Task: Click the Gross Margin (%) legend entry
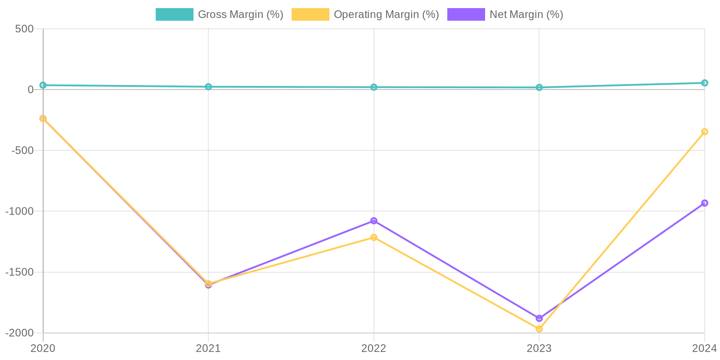pos(220,14)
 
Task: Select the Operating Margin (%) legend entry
pos(365,14)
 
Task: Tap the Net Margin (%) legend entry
pos(505,14)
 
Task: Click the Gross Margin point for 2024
pos(704,83)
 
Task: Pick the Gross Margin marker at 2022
pos(373,87)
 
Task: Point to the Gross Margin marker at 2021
pos(208,87)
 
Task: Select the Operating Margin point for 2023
pos(539,329)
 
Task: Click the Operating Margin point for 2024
pos(704,132)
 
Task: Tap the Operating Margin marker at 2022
pos(373,237)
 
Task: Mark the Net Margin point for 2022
pos(373,221)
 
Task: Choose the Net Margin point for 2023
pos(539,318)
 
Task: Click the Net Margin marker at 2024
pos(704,203)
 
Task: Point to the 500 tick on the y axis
pos(24,29)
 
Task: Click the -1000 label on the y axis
pos(19,211)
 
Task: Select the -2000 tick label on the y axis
pos(19,333)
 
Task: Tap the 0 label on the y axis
pos(31,90)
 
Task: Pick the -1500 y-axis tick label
pos(19,272)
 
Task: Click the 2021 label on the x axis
pos(208,348)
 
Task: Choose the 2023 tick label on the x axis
pos(539,348)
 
